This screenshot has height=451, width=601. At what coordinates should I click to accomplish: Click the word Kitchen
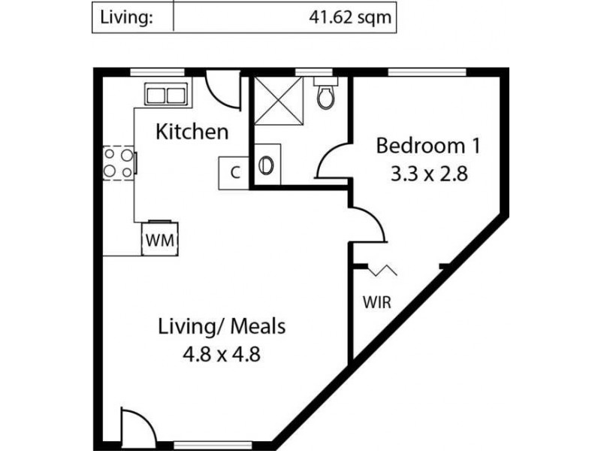pyautogui.click(x=192, y=133)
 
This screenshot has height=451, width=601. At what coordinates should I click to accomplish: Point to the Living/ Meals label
pyautogui.click(x=222, y=327)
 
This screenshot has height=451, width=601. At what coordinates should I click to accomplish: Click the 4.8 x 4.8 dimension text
pyautogui.click(x=222, y=354)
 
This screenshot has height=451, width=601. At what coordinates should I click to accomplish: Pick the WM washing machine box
pyautogui.click(x=160, y=240)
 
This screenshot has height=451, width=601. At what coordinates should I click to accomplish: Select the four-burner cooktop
pyautogui.click(x=119, y=162)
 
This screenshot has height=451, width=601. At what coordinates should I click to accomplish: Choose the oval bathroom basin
pyautogui.click(x=267, y=165)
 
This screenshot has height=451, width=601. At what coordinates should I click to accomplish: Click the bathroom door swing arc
pyautogui.click(x=331, y=160)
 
